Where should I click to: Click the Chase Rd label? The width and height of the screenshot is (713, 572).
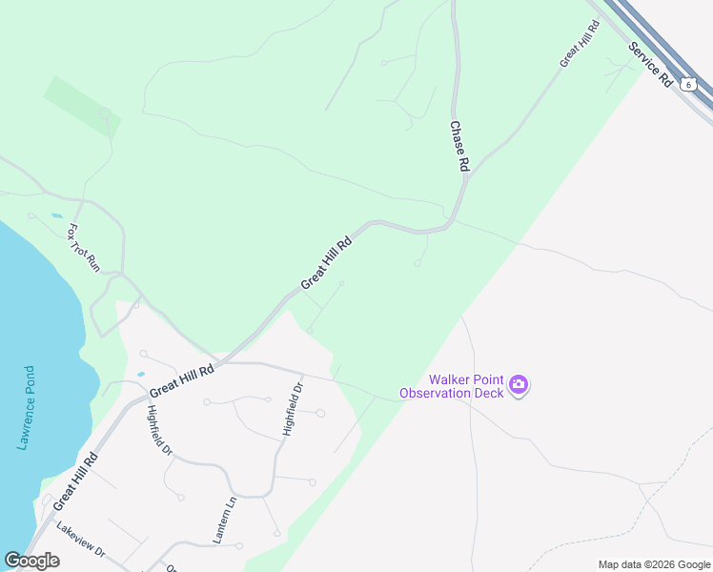pos(459,146)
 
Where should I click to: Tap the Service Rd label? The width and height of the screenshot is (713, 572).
pos(651,65)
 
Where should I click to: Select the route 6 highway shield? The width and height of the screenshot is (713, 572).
pos(689,85)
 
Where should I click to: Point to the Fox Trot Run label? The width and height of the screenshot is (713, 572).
pos(83,248)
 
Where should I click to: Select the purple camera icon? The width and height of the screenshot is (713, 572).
pos(519,385)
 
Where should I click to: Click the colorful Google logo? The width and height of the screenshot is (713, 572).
pos(31,561)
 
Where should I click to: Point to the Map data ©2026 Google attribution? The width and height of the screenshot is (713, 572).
pos(653,564)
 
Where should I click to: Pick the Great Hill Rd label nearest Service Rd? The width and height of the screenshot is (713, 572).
pos(578,47)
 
